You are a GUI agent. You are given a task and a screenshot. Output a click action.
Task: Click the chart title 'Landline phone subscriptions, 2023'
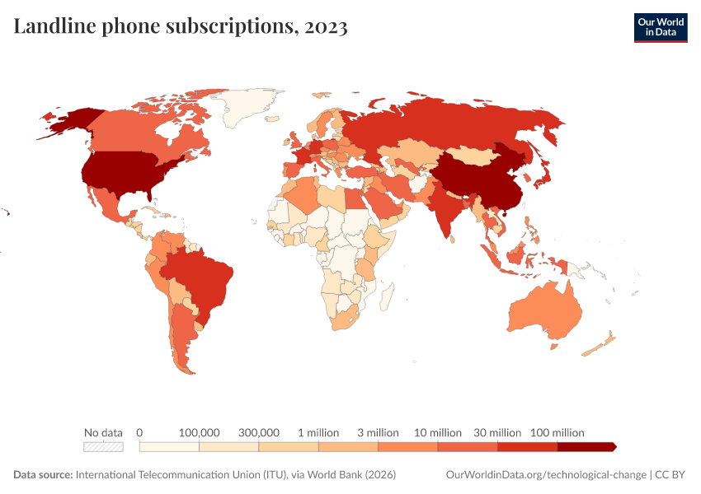click(181, 27)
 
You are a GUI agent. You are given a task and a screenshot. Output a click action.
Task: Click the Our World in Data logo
click(660, 27)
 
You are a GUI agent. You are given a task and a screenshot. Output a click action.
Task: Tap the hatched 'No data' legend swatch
click(103, 447)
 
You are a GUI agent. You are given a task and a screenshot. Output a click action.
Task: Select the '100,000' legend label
click(199, 432)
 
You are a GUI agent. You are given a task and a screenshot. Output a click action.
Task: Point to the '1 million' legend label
click(318, 432)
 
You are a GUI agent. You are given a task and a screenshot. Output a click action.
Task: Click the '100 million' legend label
click(557, 432)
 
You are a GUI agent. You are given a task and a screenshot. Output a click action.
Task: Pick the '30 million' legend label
click(497, 432)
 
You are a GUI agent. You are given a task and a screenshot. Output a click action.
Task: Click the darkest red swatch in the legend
click(586, 447)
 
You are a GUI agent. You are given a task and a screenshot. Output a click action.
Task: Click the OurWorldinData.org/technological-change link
click(545, 475)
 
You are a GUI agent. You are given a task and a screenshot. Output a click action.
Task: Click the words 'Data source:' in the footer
click(43, 475)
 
